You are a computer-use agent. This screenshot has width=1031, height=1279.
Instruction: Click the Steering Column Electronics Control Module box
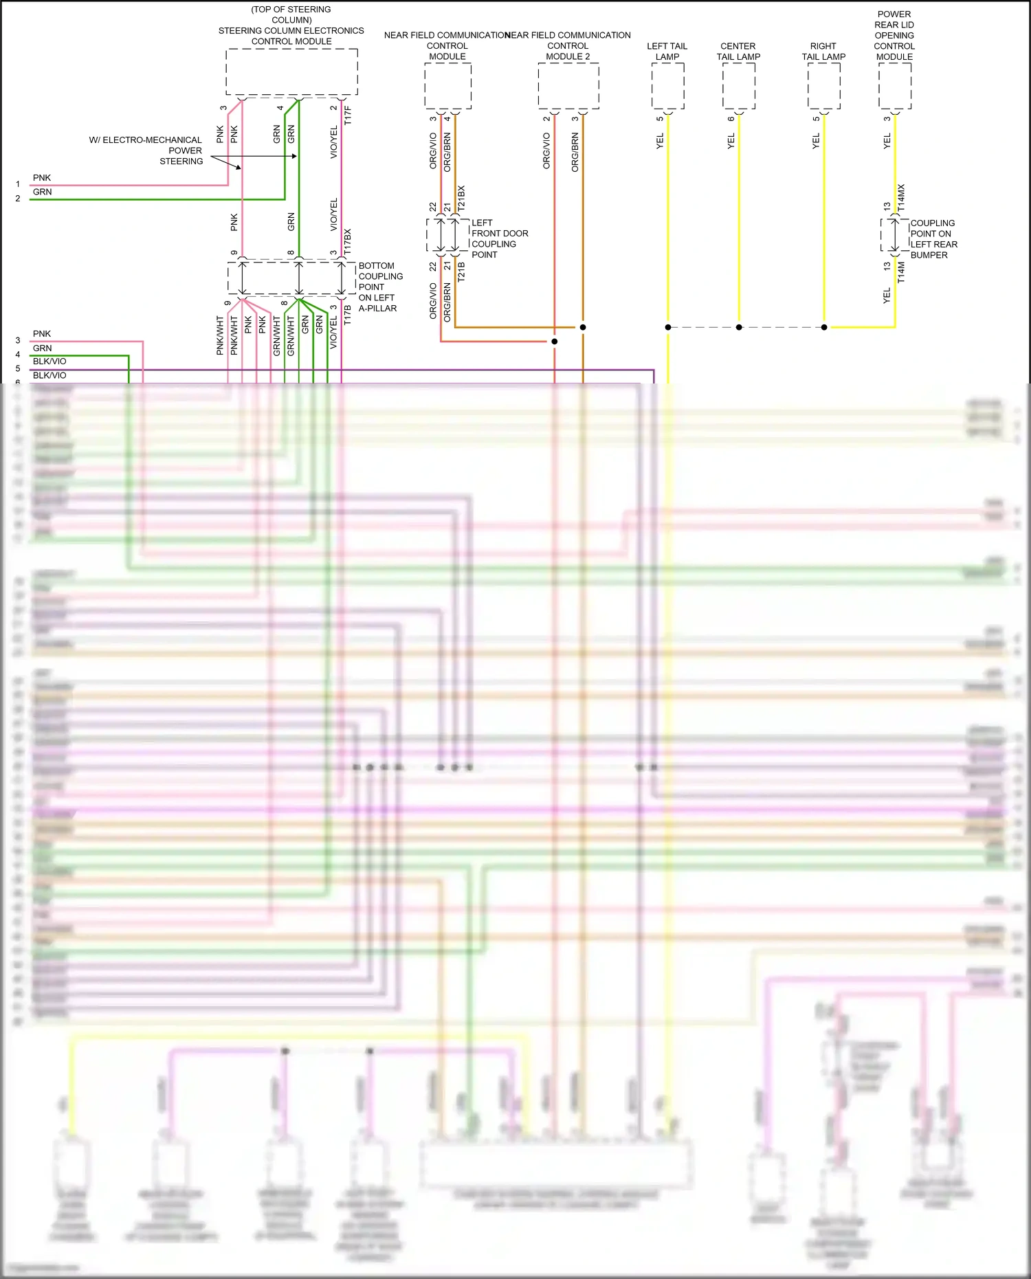coord(291,71)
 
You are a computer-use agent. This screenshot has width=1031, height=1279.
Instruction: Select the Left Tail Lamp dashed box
coord(667,86)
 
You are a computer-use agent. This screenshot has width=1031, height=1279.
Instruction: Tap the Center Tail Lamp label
coord(738,52)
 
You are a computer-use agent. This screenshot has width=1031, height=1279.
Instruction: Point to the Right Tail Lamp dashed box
coord(823,86)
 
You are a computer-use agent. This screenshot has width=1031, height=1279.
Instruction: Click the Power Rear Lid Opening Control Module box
coord(894,86)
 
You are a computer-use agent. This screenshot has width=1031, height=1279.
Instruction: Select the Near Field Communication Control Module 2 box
coord(568,86)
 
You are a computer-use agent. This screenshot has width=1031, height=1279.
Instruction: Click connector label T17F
coord(348,115)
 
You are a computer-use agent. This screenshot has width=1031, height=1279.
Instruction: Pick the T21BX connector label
coord(461,198)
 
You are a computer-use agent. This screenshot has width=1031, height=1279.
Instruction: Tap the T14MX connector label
coord(901,197)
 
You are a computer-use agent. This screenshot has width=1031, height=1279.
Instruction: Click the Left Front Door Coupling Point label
coord(499,238)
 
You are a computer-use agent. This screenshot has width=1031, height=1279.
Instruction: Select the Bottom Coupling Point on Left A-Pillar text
coord(380,287)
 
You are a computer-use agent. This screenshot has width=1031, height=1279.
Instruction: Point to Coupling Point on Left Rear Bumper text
coord(933,238)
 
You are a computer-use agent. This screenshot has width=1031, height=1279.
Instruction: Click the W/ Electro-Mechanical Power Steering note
coord(146,151)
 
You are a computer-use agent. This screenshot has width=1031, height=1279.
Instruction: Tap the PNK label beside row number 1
coord(42,178)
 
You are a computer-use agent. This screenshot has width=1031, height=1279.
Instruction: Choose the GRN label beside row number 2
coord(42,192)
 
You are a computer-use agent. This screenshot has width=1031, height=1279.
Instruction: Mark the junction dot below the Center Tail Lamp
coord(739,327)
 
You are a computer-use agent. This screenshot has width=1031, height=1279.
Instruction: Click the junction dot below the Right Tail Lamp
coord(824,327)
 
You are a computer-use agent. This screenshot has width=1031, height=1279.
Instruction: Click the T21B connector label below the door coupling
coord(461,271)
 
